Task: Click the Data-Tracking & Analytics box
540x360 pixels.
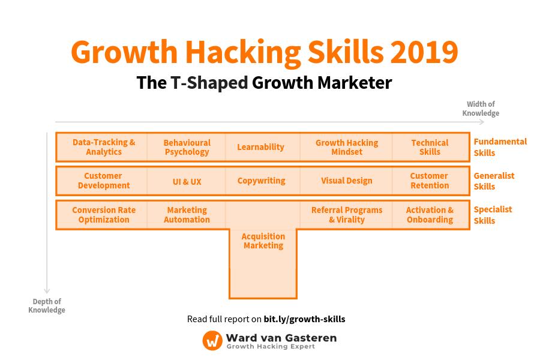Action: (104, 147)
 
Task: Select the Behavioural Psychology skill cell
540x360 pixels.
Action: (187, 147)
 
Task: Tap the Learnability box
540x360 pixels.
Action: (260, 147)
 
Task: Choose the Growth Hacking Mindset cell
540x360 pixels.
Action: (347, 147)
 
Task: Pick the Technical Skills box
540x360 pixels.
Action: (430, 147)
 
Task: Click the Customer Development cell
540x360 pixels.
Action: (103, 181)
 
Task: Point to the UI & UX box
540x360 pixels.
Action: (187, 181)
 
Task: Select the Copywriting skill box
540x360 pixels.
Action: (261, 181)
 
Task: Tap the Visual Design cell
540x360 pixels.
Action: (347, 181)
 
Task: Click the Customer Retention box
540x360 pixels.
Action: (430, 181)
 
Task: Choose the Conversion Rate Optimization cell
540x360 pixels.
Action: (104, 215)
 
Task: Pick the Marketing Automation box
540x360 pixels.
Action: (187, 215)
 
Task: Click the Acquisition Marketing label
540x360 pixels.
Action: (263, 241)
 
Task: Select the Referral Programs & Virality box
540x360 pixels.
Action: (347, 215)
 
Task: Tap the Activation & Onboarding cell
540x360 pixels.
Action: (430, 215)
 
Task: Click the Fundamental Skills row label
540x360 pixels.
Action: (500, 147)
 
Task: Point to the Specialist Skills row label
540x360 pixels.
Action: (493, 215)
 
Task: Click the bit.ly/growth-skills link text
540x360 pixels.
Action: (304, 319)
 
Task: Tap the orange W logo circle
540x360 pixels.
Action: (212, 340)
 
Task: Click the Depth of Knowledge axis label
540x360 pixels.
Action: (47, 305)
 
